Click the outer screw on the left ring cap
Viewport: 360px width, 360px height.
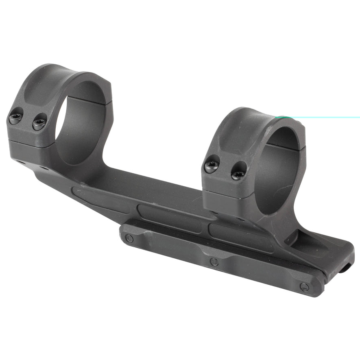(15, 118)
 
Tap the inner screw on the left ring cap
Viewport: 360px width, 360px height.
(39, 122)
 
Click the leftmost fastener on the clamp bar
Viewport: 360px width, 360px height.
(129, 238)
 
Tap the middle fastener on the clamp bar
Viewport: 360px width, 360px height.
(214, 262)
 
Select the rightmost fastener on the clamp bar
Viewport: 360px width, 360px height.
(304, 287)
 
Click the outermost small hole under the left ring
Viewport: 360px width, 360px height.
(20, 162)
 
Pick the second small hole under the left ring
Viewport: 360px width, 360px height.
(42, 168)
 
